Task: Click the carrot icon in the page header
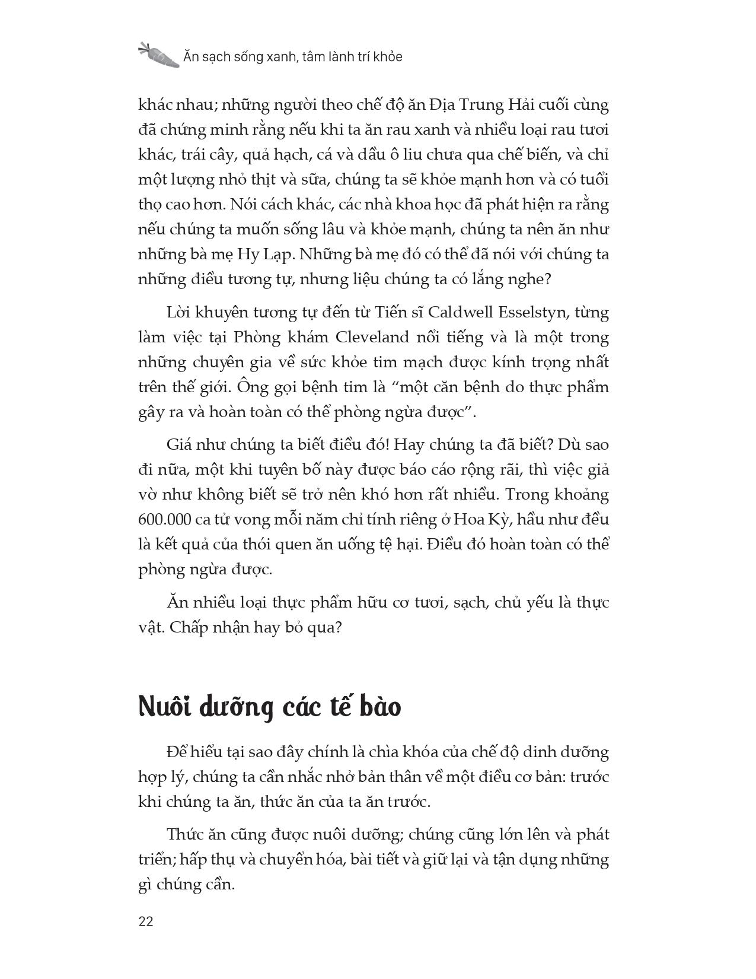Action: [158, 55]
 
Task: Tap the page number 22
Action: [146, 921]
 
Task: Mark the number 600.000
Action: [165, 520]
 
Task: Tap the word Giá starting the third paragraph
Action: [181, 444]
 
